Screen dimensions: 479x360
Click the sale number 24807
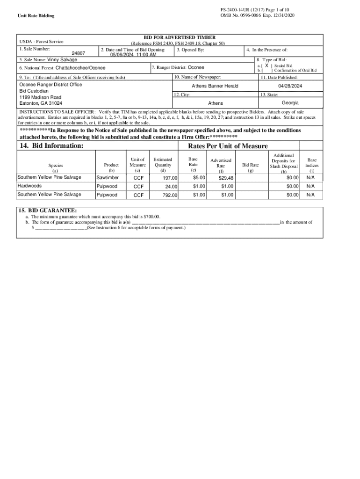pos(78,53)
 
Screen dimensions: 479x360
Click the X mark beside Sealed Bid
pos(266,66)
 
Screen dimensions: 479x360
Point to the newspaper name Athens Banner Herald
pos(215,86)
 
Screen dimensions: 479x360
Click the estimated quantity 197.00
pos(170,178)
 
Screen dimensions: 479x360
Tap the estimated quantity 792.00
pos(170,195)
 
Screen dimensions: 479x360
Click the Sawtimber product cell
pos(108,178)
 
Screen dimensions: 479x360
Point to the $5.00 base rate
pos(199,178)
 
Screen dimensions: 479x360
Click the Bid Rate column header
pos(251,165)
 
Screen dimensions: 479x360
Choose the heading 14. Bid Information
pos(51,146)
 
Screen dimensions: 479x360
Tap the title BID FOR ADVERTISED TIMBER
pos(180,37)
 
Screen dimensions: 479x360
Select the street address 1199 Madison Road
pos(40,97)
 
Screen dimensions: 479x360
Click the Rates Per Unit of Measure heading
pos(228,146)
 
